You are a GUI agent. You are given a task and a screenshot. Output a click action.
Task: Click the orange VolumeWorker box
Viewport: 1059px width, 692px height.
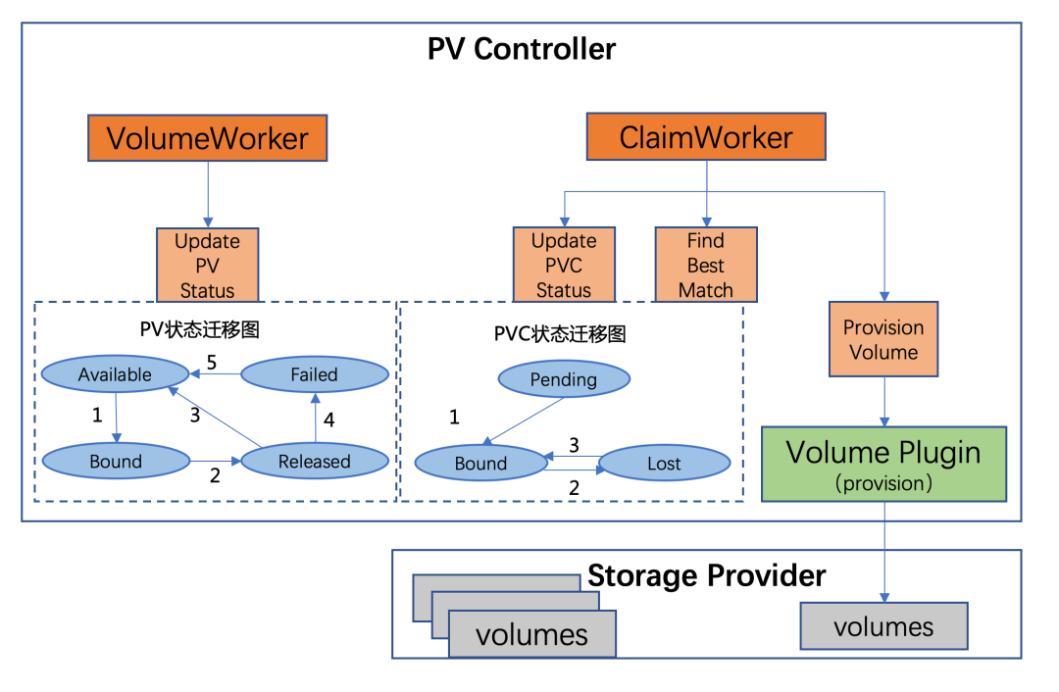click(207, 138)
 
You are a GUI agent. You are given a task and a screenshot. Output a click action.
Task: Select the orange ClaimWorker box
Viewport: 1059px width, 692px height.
click(706, 137)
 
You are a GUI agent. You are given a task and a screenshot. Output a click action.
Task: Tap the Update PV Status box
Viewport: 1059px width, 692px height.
click(207, 265)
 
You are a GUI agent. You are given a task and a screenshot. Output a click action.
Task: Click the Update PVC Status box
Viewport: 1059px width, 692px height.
click(564, 265)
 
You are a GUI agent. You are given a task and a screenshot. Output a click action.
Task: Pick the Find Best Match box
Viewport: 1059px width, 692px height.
click(706, 265)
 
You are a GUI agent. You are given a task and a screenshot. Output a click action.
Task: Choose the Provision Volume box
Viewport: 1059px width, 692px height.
click(883, 339)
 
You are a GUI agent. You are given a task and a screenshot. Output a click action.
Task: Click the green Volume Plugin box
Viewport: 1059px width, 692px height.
click(883, 464)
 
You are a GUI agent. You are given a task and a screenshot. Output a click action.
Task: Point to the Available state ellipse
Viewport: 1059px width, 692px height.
click(115, 374)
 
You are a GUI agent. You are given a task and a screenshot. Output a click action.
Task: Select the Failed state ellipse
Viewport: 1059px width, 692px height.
click(314, 374)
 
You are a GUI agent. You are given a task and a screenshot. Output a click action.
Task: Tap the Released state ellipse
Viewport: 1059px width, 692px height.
click(314, 462)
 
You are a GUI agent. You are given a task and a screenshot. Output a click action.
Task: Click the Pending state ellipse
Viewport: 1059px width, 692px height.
click(564, 379)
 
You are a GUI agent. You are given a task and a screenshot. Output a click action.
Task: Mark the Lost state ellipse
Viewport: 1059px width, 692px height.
click(664, 464)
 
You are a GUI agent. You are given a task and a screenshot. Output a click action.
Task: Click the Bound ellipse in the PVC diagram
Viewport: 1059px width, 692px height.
click(480, 464)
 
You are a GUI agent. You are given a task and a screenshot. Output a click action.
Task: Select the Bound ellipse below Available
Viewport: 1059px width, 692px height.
click(116, 462)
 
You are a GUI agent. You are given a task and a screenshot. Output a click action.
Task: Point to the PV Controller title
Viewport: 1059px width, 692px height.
click(522, 49)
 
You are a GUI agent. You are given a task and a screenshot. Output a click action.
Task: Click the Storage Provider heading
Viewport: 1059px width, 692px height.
click(706, 575)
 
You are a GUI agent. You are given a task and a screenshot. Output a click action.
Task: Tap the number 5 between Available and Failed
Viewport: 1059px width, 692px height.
click(211, 361)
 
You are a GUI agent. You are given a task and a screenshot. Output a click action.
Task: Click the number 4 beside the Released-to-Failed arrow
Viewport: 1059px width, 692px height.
click(329, 420)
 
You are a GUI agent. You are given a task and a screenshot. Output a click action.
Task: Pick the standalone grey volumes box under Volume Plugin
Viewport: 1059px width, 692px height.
click(883, 626)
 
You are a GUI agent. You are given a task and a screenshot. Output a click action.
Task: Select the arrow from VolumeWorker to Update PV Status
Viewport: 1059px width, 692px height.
click(208, 194)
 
